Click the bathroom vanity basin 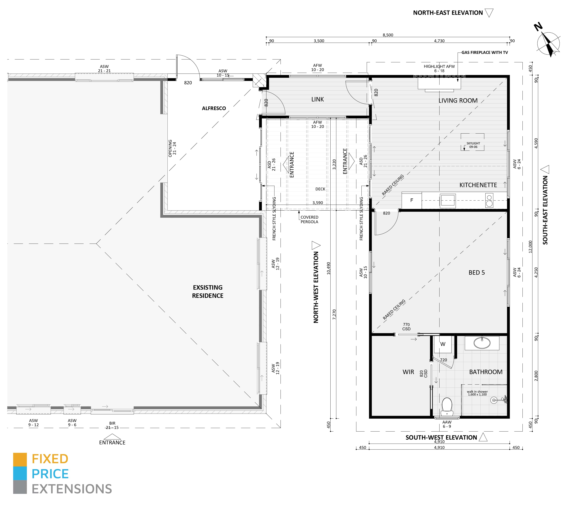482,343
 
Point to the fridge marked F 412,200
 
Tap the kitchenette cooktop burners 489,201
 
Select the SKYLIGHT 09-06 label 473,145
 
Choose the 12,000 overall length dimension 530,246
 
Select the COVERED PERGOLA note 309,219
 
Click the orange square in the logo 20,460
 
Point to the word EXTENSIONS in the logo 72,489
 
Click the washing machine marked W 443,344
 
